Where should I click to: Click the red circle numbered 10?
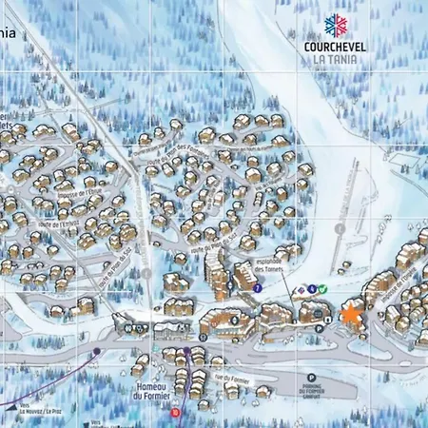point(174,413)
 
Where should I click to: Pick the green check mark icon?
point(321,288)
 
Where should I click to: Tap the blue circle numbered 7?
point(257,287)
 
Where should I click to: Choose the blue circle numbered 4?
point(312,288)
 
